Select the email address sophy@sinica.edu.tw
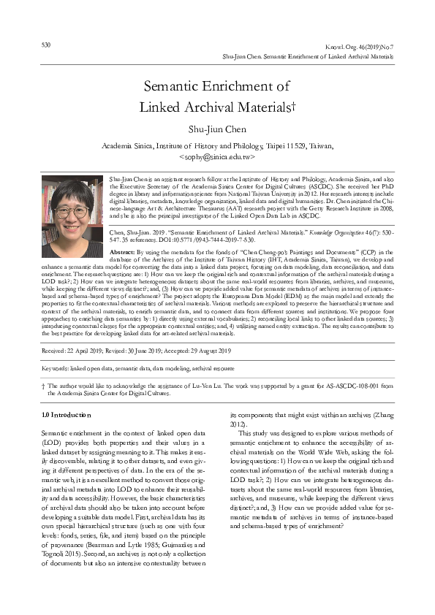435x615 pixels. click(x=217, y=156)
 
